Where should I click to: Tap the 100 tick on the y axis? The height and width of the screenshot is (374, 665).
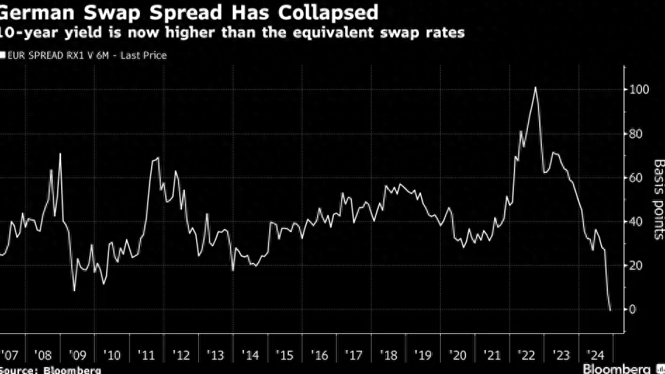click(x=638, y=90)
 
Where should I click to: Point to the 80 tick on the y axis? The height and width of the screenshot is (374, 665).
click(x=635, y=134)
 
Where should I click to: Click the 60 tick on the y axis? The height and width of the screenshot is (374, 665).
click(x=635, y=178)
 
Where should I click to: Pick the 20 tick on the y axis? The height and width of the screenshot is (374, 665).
click(x=635, y=266)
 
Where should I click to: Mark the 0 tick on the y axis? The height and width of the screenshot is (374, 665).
click(x=633, y=309)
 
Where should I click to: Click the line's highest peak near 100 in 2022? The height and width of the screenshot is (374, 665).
click(x=536, y=87)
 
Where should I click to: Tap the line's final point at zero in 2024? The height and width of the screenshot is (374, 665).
click(x=610, y=309)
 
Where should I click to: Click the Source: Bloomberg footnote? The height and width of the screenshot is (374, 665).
click(x=50, y=369)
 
